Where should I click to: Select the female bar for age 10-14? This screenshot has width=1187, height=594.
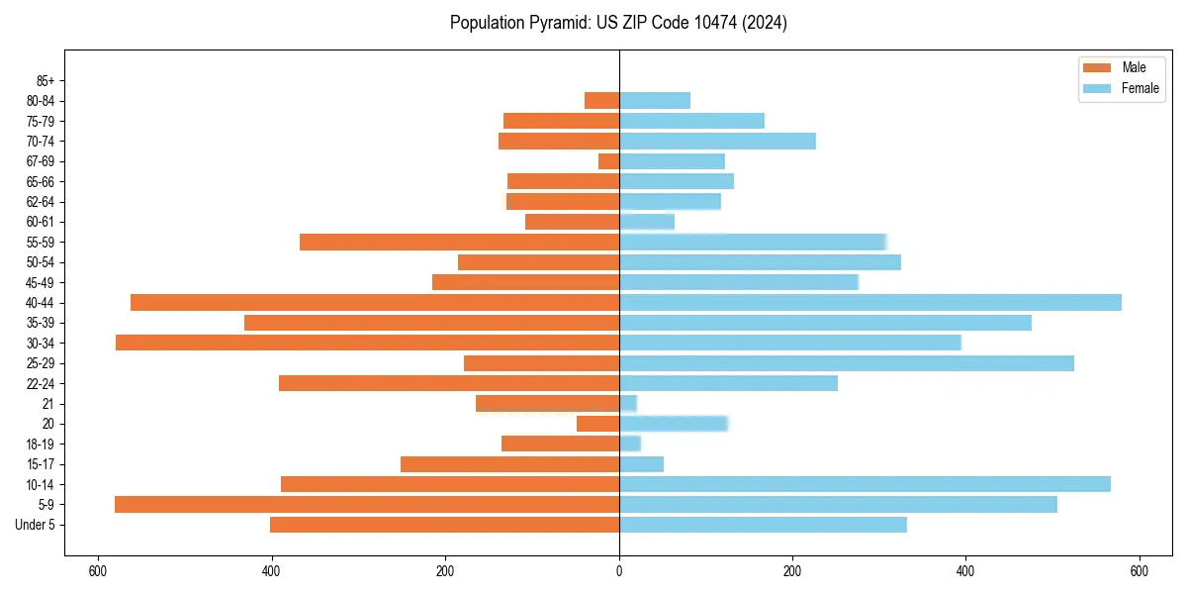coord(865,484)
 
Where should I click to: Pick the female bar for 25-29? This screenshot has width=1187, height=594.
coord(846,363)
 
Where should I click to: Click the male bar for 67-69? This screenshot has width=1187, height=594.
coord(608,161)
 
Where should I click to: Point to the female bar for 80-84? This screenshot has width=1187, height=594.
coord(654,101)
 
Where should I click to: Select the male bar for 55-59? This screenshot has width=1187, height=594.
coord(459,243)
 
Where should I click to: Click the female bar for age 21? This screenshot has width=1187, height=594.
coord(628,404)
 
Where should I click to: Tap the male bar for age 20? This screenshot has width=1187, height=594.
coord(597,424)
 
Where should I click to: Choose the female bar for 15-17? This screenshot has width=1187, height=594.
coord(641,464)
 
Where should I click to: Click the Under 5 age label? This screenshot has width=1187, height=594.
coord(36,525)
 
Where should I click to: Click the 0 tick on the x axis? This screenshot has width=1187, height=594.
coord(619,571)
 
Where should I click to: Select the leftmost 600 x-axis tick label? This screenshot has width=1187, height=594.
coord(97,571)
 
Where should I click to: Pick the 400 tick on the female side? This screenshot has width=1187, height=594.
coord(965,571)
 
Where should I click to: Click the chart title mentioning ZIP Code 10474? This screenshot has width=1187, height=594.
coord(618,23)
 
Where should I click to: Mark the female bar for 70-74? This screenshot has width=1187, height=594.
coord(717,142)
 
